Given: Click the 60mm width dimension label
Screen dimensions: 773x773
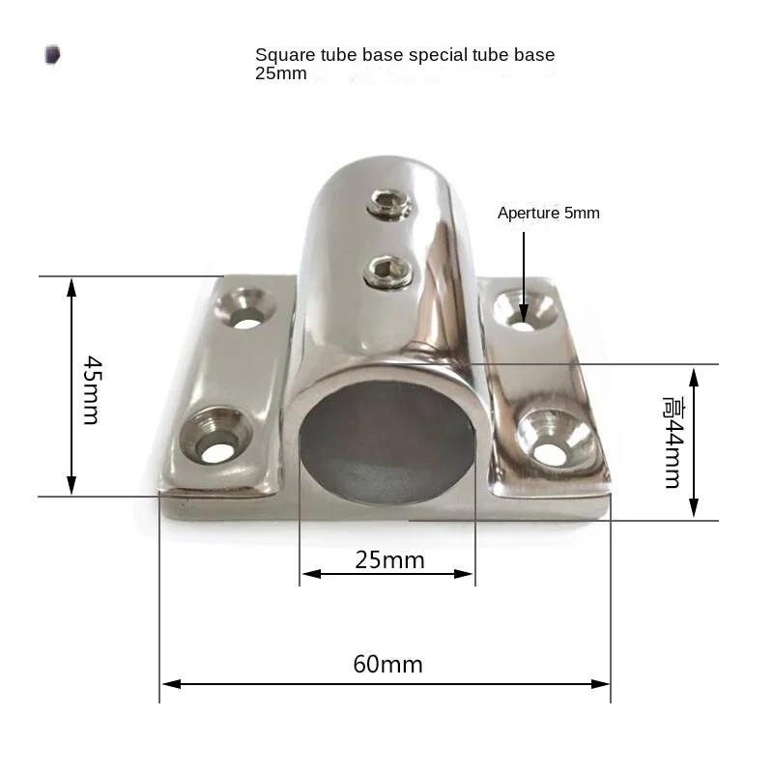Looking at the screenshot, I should (387, 665).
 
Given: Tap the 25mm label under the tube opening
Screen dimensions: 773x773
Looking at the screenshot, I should (389, 560).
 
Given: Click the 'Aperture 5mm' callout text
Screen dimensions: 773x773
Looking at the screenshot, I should (548, 214).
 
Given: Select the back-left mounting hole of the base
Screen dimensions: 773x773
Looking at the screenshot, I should (246, 309).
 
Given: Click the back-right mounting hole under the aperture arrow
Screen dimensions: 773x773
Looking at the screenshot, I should (524, 313).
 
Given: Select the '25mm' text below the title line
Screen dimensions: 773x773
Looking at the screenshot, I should (280, 74).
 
